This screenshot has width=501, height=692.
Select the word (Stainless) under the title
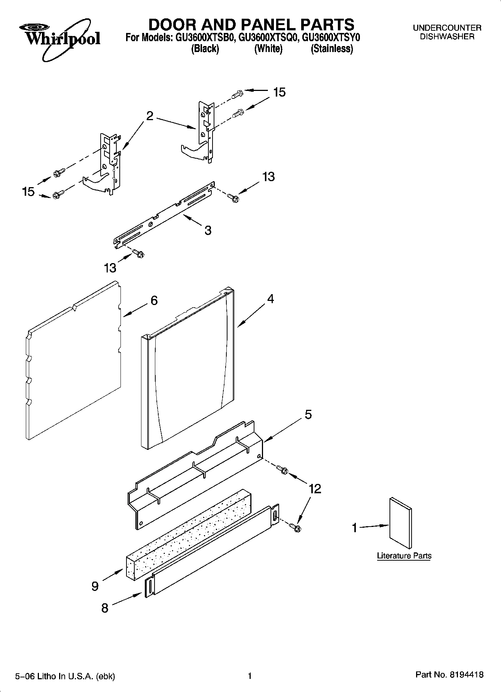(332, 49)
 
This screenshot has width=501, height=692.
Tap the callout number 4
(270, 299)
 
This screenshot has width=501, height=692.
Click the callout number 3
(208, 230)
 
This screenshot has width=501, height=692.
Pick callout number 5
(308, 414)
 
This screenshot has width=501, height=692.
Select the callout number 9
(95, 586)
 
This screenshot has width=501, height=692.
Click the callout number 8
(105, 608)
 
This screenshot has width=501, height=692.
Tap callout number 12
(315, 488)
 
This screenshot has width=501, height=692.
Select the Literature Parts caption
(404, 556)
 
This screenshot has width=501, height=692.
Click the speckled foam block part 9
(187, 535)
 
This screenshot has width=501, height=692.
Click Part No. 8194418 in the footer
(449, 675)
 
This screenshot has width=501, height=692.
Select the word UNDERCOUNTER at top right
(447, 28)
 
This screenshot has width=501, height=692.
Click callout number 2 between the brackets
(150, 116)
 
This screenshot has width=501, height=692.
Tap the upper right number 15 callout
(279, 92)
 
